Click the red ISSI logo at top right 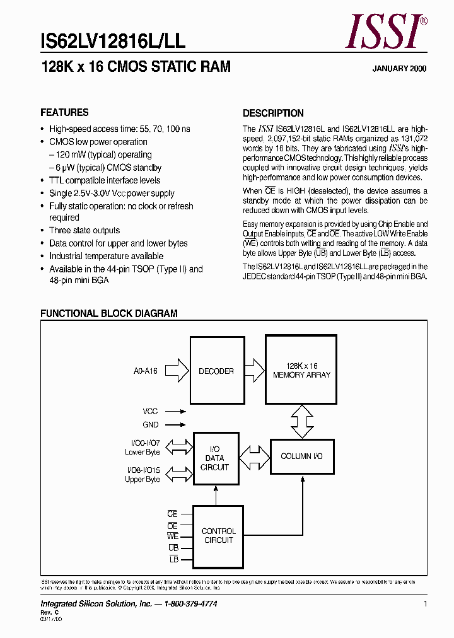pyautogui.click(x=387, y=32)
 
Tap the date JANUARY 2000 pyautogui.click(x=399, y=69)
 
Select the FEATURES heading pyautogui.click(x=64, y=113)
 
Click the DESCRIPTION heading pyautogui.click(x=273, y=113)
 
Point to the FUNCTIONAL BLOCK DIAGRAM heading pyautogui.click(x=109, y=313)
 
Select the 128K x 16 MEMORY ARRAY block pyautogui.click(x=301, y=370)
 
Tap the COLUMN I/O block pyautogui.click(x=301, y=456)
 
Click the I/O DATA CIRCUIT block pyautogui.click(x=216, y=458)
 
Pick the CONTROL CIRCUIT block pyautogui.click(x=218, y=536)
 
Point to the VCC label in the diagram pyautogui.click(x=150, y=411)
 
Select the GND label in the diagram pyautogui.click(x=151, y=425)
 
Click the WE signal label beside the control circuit pyautogui.click(x=173, y=536)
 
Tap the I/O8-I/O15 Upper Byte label pyautogui.click(x=143, y=475)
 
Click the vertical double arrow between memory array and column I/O pyautogui.click(x=301, y=420)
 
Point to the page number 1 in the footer pyautogui.click(x=426, y=604)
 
